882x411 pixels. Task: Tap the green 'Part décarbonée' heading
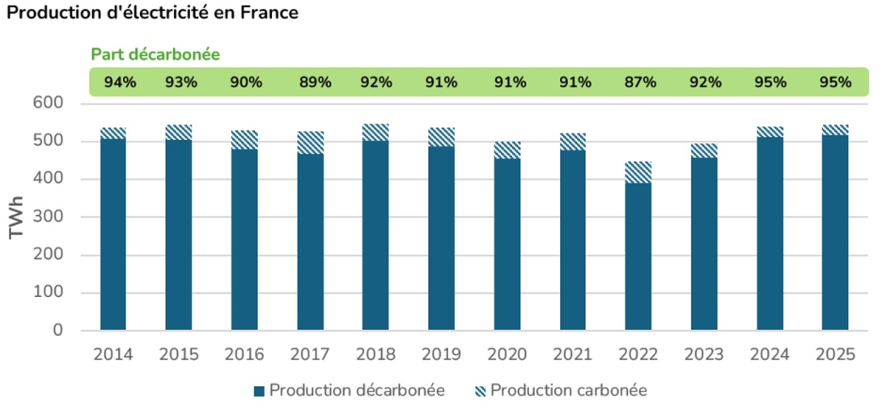tap(155, 54)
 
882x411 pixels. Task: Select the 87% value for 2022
tap(638, 82)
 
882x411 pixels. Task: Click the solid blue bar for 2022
tap(638, 256)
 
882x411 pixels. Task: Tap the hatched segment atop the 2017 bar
tap(310, 142)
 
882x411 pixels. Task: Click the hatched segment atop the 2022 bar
tap(638, 172)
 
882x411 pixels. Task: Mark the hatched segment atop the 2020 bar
tap(507, 150)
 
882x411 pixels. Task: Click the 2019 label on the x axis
tap(441, 354)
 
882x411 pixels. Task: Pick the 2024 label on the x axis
tap(770, 354)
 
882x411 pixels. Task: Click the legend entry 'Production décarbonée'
tap(357, 391)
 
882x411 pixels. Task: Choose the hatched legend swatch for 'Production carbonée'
tap(480, 391)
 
